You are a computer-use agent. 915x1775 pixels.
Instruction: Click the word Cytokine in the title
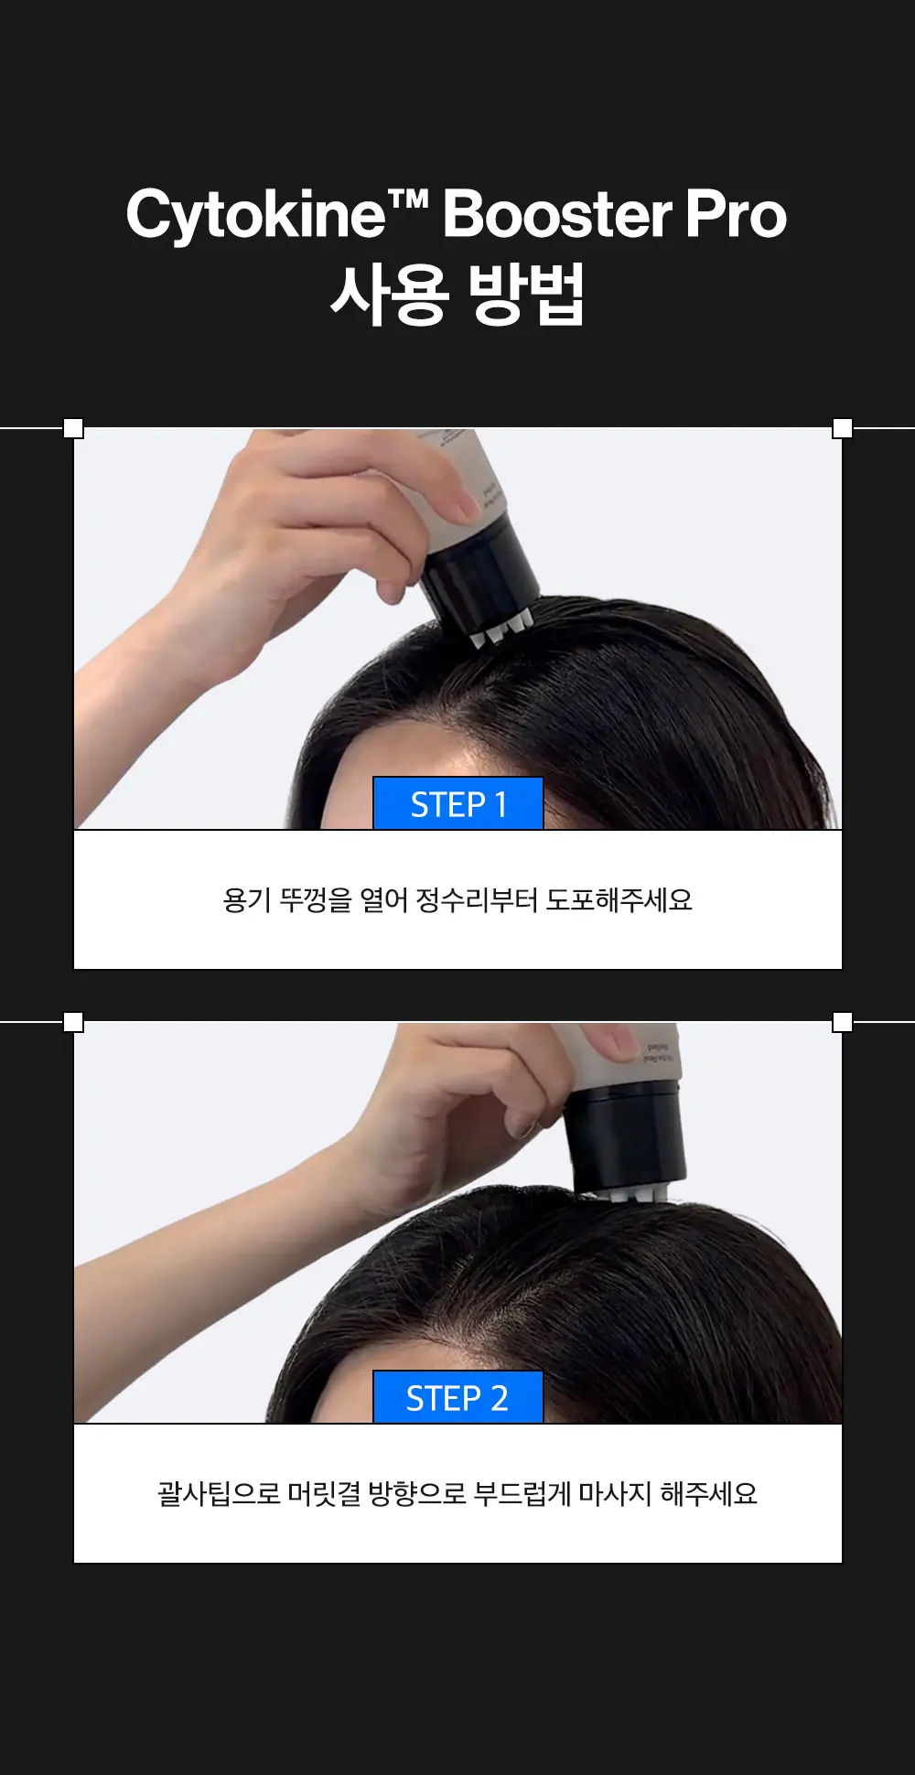coord(256,216)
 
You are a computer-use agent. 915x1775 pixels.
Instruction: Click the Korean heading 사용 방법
coord(457,295)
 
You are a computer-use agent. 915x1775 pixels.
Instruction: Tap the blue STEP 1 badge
coord(458,803)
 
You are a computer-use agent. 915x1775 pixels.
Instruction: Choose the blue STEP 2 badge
coord(458,1397)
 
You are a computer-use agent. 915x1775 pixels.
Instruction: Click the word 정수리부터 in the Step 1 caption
coord(477,900)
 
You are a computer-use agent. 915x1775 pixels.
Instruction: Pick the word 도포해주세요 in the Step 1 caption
coord(619,900)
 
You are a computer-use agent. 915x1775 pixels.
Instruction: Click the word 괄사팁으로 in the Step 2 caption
coord(219,1494)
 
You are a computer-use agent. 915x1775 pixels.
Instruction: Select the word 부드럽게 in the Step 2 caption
coord(522,1494)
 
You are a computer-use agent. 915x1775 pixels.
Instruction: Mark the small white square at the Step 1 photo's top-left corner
coord(73,428)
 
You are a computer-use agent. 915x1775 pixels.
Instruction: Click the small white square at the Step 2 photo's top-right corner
coord(843,1022)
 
